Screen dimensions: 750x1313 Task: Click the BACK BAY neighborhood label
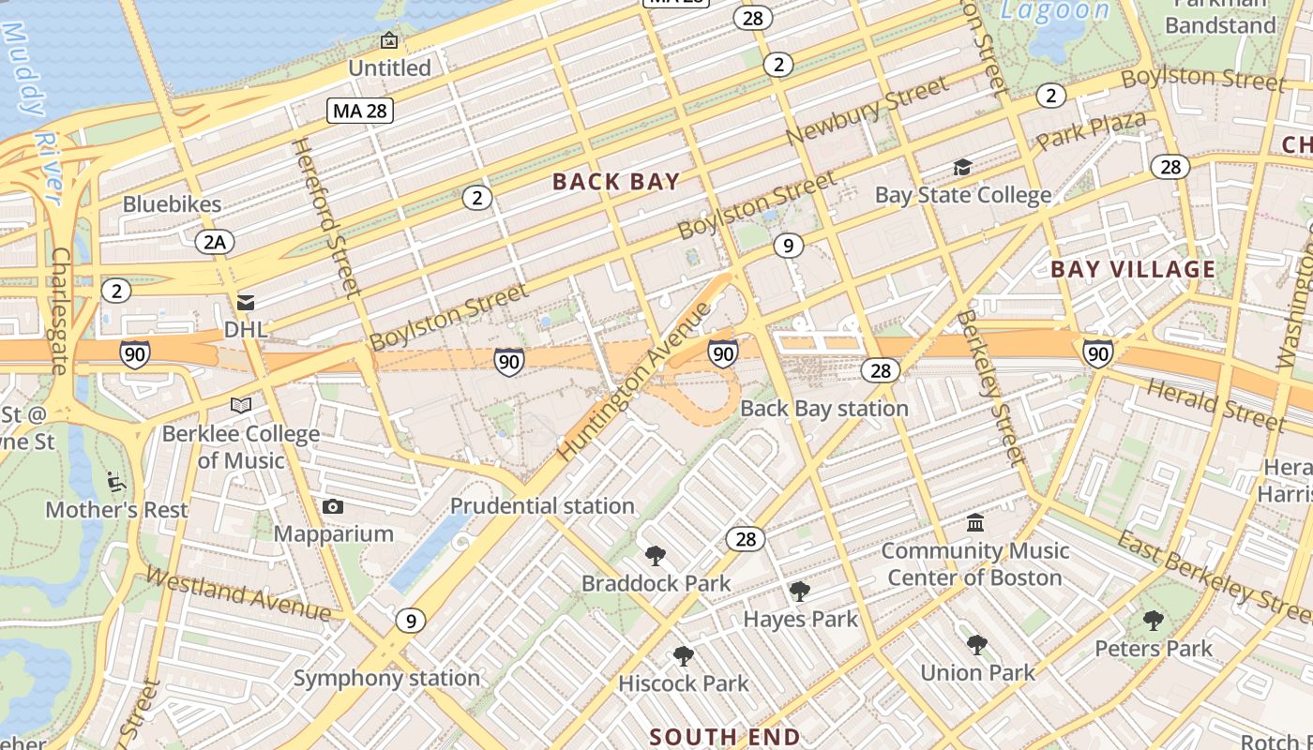[615, 182]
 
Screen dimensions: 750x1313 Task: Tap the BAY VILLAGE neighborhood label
[1132, 270]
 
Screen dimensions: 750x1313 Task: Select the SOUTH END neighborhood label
[724, 737]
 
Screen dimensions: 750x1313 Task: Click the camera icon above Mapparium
[332, 507]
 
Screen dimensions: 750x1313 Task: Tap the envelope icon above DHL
[246, 303]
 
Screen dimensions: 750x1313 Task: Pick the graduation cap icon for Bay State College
[962, 168]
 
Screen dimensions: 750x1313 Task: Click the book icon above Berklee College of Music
[241, 406]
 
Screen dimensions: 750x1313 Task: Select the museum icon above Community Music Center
[975, 522]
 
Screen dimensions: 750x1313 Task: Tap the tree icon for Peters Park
[1154, 621]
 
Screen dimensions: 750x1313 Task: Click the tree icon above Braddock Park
[656, 556]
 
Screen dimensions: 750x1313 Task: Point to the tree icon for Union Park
[977, 645]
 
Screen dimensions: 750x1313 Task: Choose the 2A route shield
[215, 243]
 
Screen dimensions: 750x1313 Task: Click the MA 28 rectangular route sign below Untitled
[360, 111]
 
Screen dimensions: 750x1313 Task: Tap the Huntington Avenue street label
[635, 382]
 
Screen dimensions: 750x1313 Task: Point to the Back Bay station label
[823, 409]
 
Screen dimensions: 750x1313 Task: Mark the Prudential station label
[542, 506]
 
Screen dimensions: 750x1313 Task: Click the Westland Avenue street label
[238, 594]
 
